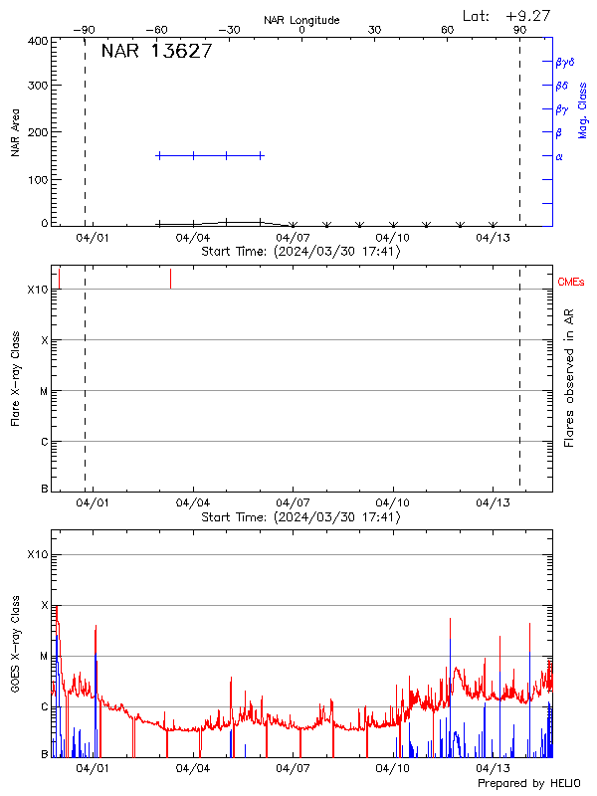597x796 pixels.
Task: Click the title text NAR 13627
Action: coord(156,53)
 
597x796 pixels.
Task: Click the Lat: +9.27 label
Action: coord(507,15)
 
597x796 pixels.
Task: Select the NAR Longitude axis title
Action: coord(301,20)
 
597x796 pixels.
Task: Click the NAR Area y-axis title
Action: coord(16,133)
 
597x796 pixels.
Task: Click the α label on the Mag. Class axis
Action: coord(559,156)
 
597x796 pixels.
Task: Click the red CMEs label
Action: coord(572,284)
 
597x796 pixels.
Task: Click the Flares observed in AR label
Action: coord(569,377)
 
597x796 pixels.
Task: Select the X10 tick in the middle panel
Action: coord(37,290)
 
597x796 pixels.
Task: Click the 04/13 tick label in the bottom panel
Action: coord(494,769)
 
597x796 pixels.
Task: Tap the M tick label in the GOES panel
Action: coord(44,656)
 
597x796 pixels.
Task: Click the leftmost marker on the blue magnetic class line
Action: coord(159,155)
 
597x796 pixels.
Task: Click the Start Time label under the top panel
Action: coord(300,252)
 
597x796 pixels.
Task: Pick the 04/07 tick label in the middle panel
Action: coord(293,504)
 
